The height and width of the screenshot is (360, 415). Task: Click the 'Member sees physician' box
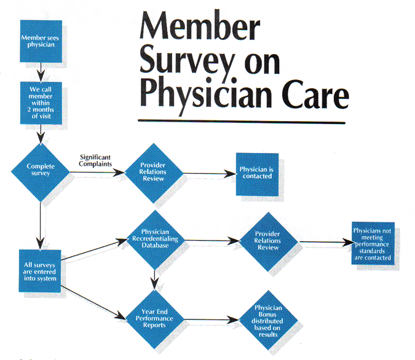pyautogui.click(x=41, y=41)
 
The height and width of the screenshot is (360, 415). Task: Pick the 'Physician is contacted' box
pyautogui.click(x=258, y=174)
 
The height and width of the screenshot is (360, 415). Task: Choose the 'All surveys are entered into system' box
pyautogui.click(x=41, y=270)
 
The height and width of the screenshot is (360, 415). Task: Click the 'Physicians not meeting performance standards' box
pyautogui.click(x=372, y=245)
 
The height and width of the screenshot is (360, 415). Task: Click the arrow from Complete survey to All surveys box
pyautogui.click(x=41, y=221)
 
